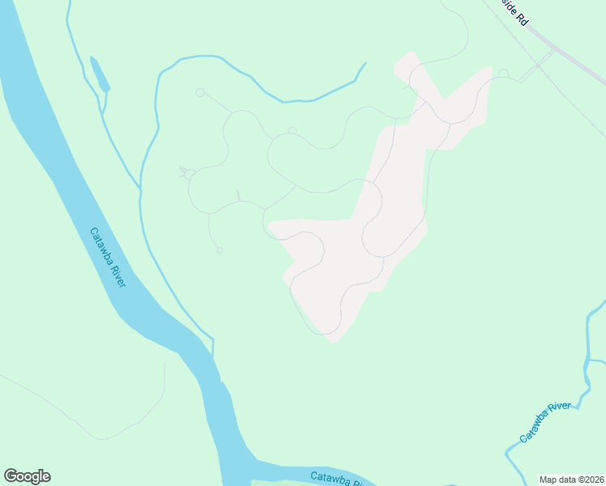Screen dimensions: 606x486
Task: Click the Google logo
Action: [27, 476]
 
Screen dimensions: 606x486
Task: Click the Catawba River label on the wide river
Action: [107, 256]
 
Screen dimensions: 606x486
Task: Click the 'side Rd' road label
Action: [515, 13]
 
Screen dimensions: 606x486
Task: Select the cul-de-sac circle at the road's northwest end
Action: [200, 92]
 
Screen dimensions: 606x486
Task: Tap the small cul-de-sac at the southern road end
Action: [220, 250]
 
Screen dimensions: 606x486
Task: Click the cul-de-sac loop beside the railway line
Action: [503, 74]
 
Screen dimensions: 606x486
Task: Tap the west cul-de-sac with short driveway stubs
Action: [188, 173]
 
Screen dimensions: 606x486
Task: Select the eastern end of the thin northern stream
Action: [365, 63]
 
